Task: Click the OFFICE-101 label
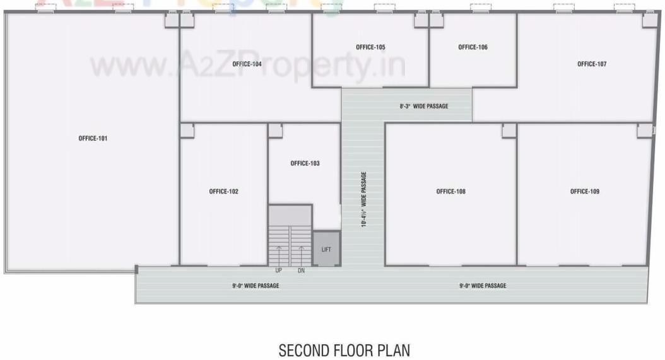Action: coord(93,139)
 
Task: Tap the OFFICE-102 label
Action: coord(223,192)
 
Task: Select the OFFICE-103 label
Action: coord(305,163)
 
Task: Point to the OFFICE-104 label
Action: coord(247,64)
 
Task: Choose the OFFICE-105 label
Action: coord(370,47)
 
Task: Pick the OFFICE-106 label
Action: coord(473,47)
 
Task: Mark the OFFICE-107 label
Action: coord(592,64)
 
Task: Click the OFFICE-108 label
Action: coord(450,192)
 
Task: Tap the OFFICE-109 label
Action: coord(584,192)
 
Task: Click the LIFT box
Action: coord(326,249)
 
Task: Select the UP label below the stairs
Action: coord(279,270)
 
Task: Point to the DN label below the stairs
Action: coord(301,270)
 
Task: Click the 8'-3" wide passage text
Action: coord(424,107)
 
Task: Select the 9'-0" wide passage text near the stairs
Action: coord(256,286)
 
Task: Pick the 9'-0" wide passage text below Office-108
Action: coord(483,286)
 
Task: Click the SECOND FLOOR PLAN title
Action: coord(344,350)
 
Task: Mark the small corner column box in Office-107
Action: coord(650,20)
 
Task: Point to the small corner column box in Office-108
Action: coord(509,131)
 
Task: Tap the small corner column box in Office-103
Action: coord(275,131)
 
